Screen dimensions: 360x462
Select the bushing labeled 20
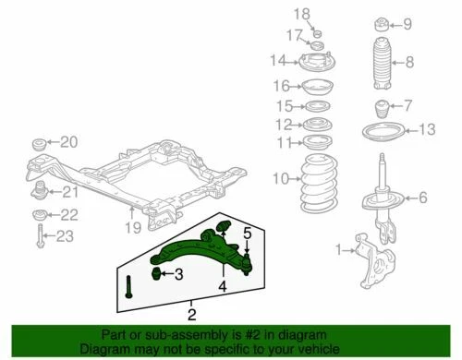(40, 144)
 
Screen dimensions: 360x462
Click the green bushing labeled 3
(156, 273)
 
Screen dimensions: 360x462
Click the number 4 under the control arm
(222, 286)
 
